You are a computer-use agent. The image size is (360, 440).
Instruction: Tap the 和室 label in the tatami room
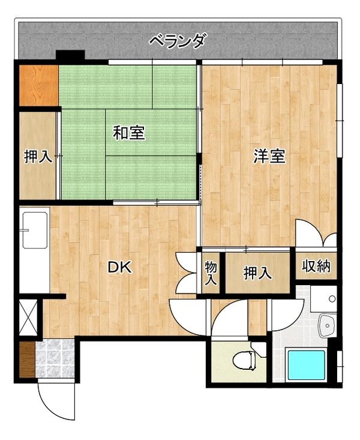coord(129,133)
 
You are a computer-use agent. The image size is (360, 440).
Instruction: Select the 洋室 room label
coord(269,156)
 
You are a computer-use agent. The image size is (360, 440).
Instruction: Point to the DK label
coord(120,268)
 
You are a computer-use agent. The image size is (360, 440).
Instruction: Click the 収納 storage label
coord(316,265)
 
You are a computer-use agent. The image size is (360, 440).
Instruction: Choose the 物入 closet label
coord(211,273)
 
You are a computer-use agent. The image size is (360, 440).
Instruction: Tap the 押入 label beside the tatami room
coord(38,156)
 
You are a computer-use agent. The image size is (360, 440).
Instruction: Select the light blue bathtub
coord(306,365)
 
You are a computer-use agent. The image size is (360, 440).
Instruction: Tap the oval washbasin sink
coord(327,325)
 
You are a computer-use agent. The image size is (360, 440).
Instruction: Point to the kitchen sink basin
coord(35,230)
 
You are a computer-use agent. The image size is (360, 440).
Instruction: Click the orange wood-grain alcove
coord(38,86)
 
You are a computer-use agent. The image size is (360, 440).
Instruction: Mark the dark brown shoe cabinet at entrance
coord(27,360)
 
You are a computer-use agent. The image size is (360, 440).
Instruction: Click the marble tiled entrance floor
coord(55,358)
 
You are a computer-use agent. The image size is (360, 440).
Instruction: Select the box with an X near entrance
coord(28,317)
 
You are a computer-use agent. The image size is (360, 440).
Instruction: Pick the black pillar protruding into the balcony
coord(70,55)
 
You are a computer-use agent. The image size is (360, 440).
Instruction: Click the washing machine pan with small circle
coord(323,299)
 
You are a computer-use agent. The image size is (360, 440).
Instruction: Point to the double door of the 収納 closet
coord(317,234)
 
